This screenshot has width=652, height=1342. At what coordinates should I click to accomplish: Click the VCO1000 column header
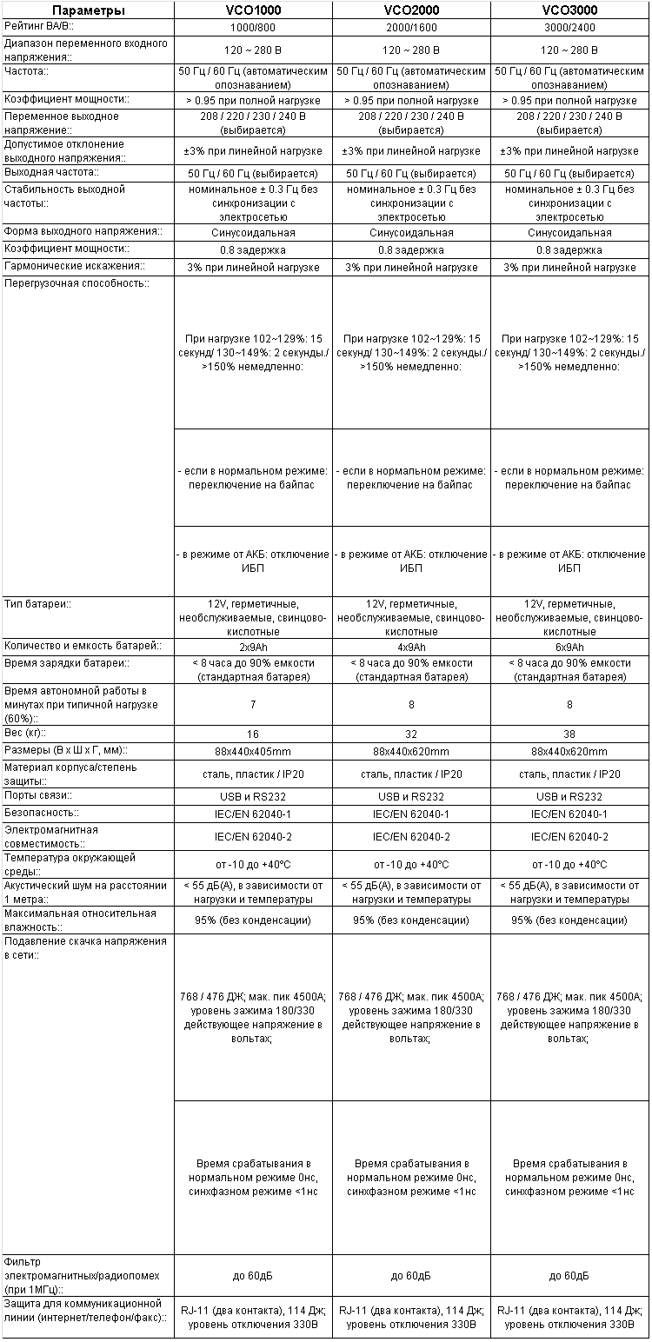(x=253, y=10)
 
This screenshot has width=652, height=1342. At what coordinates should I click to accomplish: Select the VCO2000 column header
(x=411, y=10)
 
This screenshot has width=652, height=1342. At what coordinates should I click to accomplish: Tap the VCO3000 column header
(x=569, y=10)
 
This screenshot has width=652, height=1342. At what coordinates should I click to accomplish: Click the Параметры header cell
(x=87, y=10)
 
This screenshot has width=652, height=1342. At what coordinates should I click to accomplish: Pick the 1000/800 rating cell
(x=253, y=28)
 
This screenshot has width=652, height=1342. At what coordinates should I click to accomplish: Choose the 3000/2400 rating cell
(x=569, y=28)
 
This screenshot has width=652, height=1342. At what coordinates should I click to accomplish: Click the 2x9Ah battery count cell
(x=253, y=648)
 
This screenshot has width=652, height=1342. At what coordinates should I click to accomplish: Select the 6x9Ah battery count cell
(x=569, y=648)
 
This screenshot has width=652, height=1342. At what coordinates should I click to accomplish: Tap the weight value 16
(x=253, y=734)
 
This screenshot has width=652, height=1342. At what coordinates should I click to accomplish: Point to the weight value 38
(x=569, y=734)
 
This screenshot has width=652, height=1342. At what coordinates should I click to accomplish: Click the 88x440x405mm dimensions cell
(x=253, y=751)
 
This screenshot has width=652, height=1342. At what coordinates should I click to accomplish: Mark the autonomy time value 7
(x=253, y=705)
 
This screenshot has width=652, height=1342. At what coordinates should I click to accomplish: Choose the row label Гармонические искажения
(x=73, y=266)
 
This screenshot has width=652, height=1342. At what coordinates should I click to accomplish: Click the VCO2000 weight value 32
(x=411, y=734)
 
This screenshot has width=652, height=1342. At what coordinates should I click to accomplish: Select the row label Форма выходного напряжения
(x=83, y=232)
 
